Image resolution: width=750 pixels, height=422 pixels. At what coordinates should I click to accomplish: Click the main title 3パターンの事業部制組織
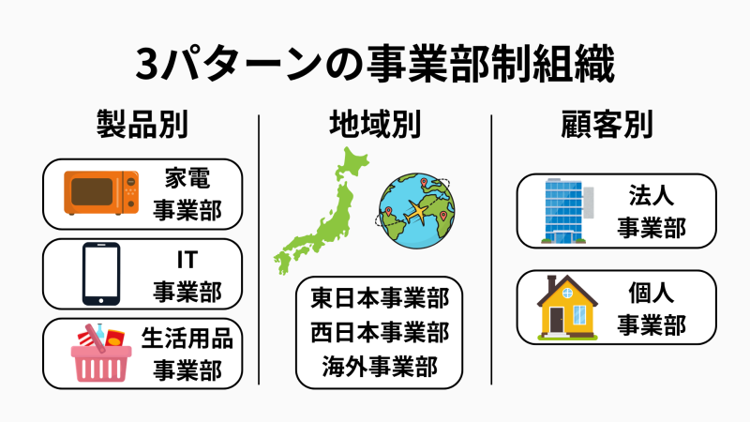[x=375, y=64]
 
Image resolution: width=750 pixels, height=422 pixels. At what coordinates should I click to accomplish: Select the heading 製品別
[x=142, y=124]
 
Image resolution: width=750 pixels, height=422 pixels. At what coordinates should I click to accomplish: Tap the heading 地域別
[x=375, y=124]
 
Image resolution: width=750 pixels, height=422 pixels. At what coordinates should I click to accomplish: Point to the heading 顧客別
[x=607, y=124]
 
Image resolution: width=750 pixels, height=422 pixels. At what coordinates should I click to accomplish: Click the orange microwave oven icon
[x=101, y=192]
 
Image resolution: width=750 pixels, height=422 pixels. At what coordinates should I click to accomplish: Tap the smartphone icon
[x=101, y=274]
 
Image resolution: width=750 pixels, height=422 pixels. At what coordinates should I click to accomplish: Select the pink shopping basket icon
[x=101, y=354]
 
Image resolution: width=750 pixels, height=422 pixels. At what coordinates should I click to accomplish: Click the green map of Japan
[x=320, y=210]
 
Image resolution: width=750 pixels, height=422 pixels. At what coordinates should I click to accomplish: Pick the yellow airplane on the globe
[x=417, y=212]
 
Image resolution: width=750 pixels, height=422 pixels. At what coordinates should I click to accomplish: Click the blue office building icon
[x=567, y=211]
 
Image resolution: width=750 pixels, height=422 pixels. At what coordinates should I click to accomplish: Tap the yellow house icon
[x=567, y=308]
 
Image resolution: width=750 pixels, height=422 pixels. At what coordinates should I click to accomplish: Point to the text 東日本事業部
[x=380, y=297]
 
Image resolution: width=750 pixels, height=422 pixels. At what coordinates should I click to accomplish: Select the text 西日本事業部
[x=380, y=332]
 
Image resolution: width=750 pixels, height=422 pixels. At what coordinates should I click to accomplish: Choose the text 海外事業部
[x=380, y=367]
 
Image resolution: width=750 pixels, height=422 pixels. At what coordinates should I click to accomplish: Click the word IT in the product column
[x=187, y=261]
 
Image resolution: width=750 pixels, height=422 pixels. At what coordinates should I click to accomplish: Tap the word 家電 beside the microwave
[x=187, y=178]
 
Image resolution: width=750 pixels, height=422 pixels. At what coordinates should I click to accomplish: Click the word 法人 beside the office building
[x=651, y=195]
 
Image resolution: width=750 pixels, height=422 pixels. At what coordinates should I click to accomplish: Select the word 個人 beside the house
[x=651, y=293]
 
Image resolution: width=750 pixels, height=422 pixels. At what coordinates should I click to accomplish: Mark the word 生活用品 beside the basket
[x=187, y=339]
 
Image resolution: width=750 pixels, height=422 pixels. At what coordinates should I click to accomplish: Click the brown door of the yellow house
[x=556, y=320]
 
